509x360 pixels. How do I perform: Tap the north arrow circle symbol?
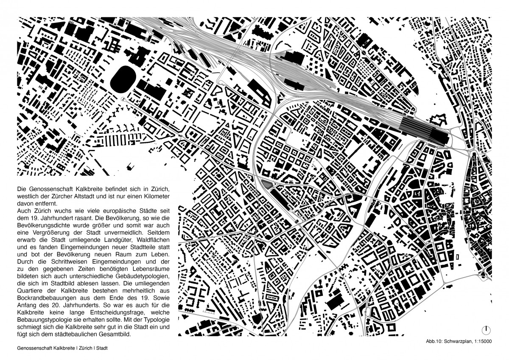tap(487, 330)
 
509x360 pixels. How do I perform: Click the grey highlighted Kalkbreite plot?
tap(267, 183)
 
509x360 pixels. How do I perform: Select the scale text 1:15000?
tap(482, 341)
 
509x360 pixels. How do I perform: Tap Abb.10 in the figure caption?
tap(435, 341)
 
